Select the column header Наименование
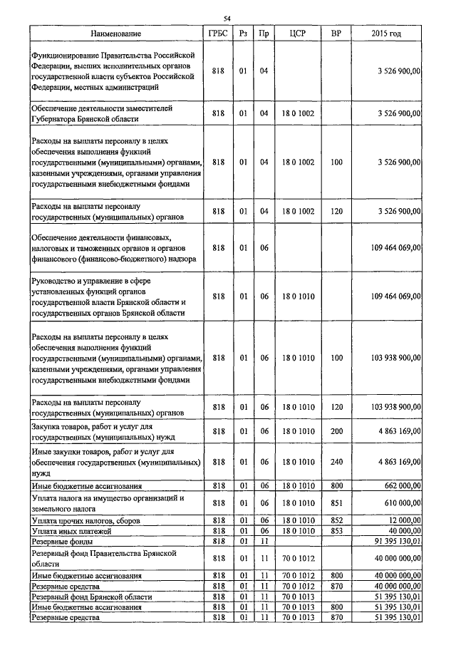pyautogui.click(x=116, y=33)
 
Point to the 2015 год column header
pyautogui.click(x=386, y=33)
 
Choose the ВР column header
pyautogui.click(x=337, y=33)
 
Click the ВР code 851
pyautogui.click(x=337, y=503)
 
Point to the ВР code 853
pyautogui.click(x=337, y=531)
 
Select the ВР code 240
pyautogui.click(x=337, y=462)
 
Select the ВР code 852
pyautogui.click(x=337, y=521)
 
